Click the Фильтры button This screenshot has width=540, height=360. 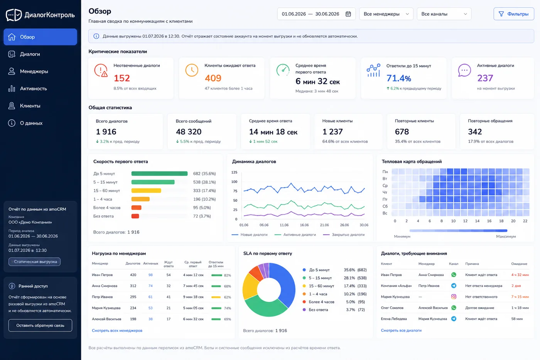(x=513, y=14)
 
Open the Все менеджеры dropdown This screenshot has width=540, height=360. (x=386, y=14)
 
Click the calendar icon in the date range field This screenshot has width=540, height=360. (x=348, y=14)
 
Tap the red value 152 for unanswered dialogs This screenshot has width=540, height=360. (x=122, y=78)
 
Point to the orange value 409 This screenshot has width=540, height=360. (x=213, y=78)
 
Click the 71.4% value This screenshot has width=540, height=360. (x=399, y=78)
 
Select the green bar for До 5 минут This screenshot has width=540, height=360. (x=159, y=174)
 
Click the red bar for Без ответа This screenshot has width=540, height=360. (x=135, y=216)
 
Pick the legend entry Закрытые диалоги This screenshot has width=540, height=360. (x=344, y=235)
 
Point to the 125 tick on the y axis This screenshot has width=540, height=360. (x=235, y=172)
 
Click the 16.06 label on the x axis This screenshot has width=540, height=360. (x=304, y=225)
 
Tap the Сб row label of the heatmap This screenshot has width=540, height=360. (x=385, y=206)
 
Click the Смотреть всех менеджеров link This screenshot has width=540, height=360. (x=117, y=331)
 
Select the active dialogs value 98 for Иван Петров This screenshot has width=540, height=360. (x=150, y=275)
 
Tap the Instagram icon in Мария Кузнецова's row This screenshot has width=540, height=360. (x=454, y=297)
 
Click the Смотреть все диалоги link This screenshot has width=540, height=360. (x=401, y=331)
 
